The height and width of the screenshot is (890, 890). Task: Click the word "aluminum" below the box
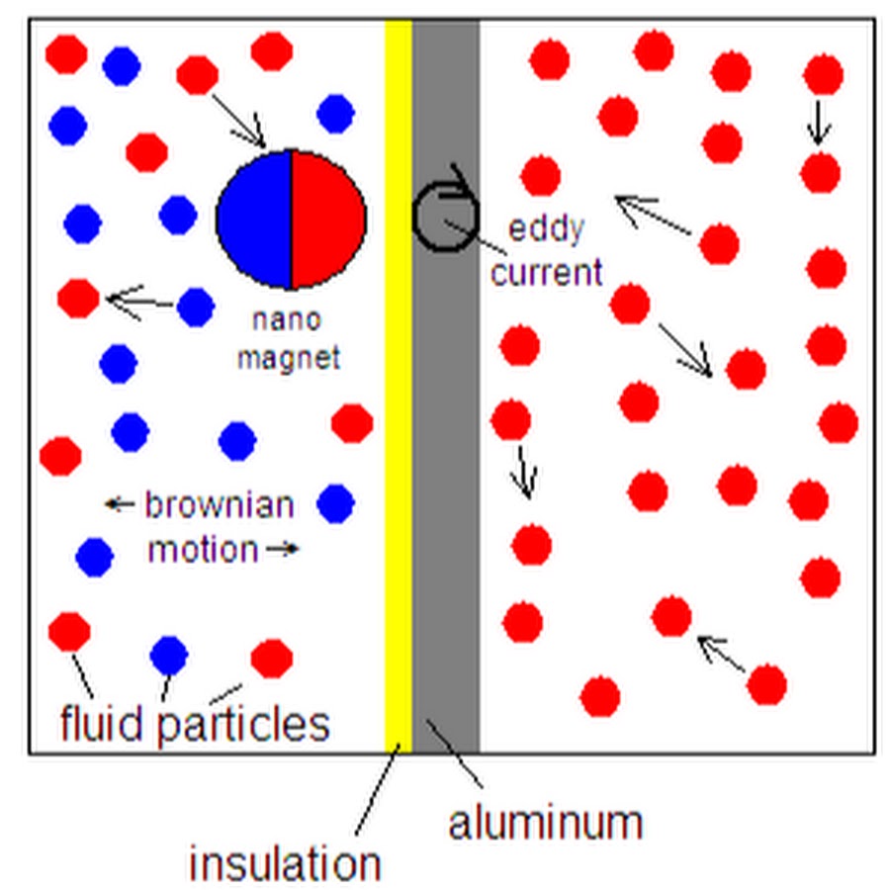(x=546, y=823)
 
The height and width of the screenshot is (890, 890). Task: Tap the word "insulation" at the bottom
(x=285, y=864)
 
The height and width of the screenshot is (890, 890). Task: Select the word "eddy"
(x=546, y=229)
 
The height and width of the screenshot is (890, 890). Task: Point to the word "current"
(x=546, y=273)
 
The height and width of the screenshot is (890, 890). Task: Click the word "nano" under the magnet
(x=287, y=319)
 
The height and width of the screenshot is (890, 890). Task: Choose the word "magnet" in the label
(x=289, y=359)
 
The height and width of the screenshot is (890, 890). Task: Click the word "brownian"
(x=220, y=504)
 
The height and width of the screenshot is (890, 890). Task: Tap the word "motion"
(x=203, y=550)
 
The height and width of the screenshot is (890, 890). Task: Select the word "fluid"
(x=102, y=723)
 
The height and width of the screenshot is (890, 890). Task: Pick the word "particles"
(x=243, y=726)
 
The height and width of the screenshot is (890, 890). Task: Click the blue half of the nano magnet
(x=254, y=220)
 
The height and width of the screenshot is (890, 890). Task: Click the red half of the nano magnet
(x=329, y=220)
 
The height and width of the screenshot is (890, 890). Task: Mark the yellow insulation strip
(x=399, y=386)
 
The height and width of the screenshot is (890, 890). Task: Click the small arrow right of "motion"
(x=283, y=548)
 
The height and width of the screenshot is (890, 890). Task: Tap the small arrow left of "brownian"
(x=120, y=503)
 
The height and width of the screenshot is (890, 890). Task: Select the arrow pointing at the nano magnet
(x=238, y=121)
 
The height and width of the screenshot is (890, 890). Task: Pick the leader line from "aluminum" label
(x=455, y=754)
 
